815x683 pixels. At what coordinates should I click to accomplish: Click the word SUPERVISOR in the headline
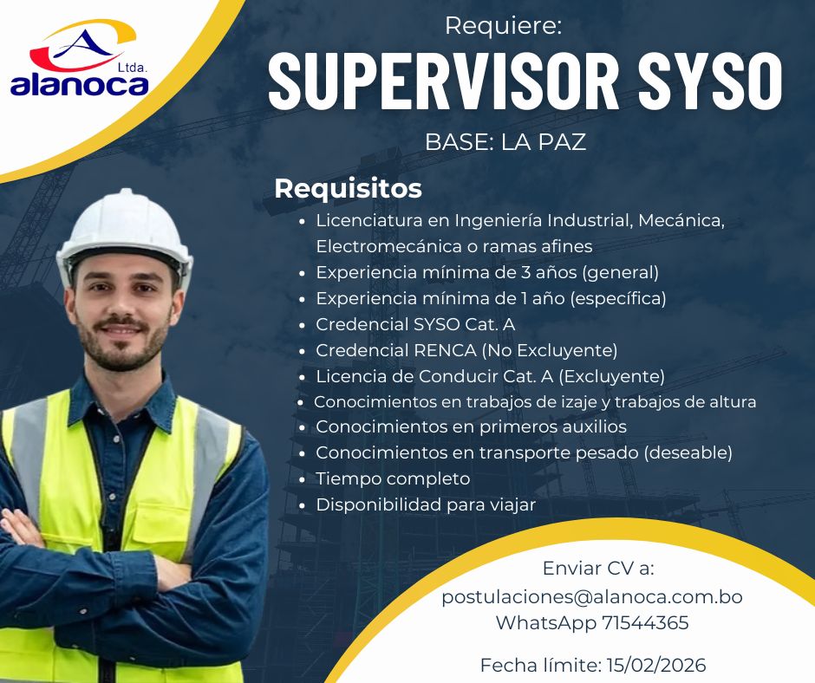coord(443,81)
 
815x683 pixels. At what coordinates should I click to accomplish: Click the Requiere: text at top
coord(504,26)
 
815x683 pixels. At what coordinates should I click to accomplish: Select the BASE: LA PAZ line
coord(505,142)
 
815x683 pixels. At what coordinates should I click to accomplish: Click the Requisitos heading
coord(348,188)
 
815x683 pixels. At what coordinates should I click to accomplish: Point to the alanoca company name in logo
coord(80,85)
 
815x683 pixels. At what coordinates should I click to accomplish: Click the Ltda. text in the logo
coord(132,65)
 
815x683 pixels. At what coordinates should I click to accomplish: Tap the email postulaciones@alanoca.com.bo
coord(592,597)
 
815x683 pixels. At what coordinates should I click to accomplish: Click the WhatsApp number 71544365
coord(644,622)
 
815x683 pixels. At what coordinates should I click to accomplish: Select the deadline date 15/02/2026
coord(655,666)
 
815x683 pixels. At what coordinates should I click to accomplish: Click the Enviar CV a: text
coord(598,569)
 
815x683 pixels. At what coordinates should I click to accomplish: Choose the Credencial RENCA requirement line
coord(466,351)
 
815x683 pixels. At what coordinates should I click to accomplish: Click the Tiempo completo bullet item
coord(393,478)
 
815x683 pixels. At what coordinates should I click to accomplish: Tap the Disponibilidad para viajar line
coord(426,504)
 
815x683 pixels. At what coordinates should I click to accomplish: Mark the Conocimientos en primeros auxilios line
coord(471,426)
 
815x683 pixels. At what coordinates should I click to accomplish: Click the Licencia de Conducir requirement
coord(490,376)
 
